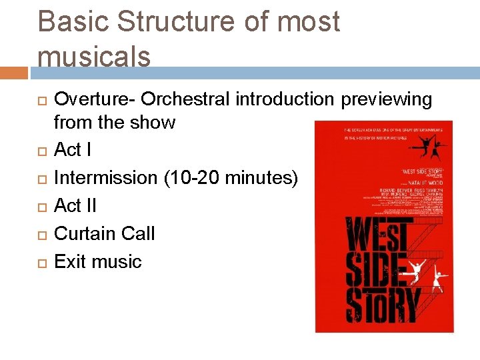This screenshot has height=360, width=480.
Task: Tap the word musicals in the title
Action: [x=94, y=57]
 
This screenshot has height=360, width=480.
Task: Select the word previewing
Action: [x=387, y=99]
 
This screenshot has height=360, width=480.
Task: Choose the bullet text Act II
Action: [x=75, y=206]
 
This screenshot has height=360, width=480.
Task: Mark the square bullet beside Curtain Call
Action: [x=41, y=235]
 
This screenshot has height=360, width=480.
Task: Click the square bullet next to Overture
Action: [x=41, y=100]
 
